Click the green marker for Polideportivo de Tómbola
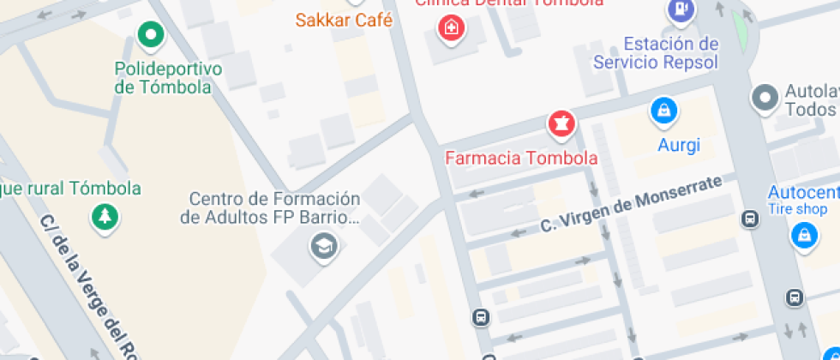pos(152,35)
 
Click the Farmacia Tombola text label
pos(521,158)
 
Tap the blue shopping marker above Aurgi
pos(663,110)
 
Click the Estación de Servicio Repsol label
pos(670,52)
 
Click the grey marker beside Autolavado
pos(764,99)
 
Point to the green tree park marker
pos(105,216)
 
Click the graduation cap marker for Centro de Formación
pos(324,247)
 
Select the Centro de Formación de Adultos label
pos(270,207)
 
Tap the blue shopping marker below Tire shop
pos(804,234)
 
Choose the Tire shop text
pos(798,209)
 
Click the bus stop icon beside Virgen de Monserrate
pos(750,219)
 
